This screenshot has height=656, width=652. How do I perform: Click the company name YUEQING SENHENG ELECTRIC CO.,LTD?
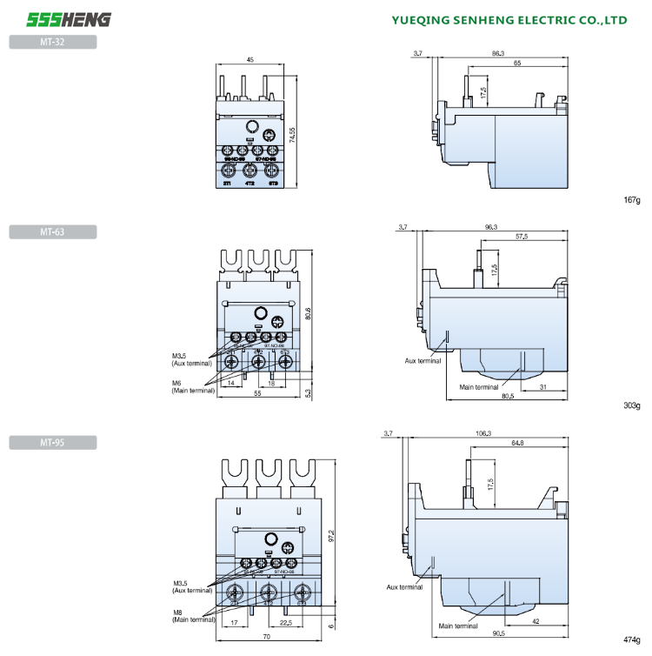pyautogui.click(x=509, y=19)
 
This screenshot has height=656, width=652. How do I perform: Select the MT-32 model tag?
pyautogui.click(x=52, y=41)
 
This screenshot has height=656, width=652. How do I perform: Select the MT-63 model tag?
pyautogui.click(x=52, y=231)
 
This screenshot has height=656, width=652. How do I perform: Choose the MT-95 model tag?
pyautogui.click(x=52, y=443)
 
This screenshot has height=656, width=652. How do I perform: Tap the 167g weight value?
pyautogui.click(x=631, y=201)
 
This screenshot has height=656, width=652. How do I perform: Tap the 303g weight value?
pyautogui.click(x=631, y=405)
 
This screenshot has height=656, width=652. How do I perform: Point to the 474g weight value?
pyautogui.click(x=631, y=639)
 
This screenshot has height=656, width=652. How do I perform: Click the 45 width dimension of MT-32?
pyautogui.click(x=250, y=59)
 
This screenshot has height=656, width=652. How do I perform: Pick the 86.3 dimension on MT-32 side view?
pyautogui.click(x=497, y=54)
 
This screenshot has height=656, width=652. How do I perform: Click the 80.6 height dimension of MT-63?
pyautogui.click(x=308, y=314)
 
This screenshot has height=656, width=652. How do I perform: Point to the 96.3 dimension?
pyautogui.click(x=491, y=227)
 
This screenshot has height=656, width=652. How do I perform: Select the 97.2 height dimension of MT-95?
pyautogui.click(x=330, y=538)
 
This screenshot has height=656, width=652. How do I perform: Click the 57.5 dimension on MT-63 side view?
pyautogui.click(x=521, y=237)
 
